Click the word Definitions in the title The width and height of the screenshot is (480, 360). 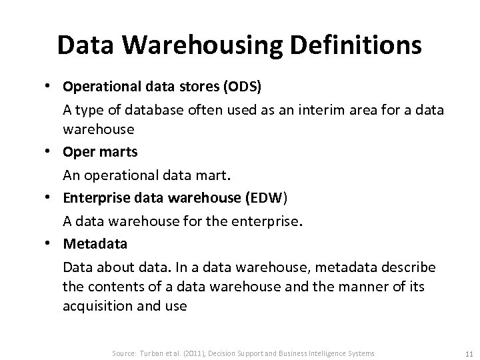pyautogui.click(x=346, y=45)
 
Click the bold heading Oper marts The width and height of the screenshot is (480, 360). pyautogui.click(x=101, y=152)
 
